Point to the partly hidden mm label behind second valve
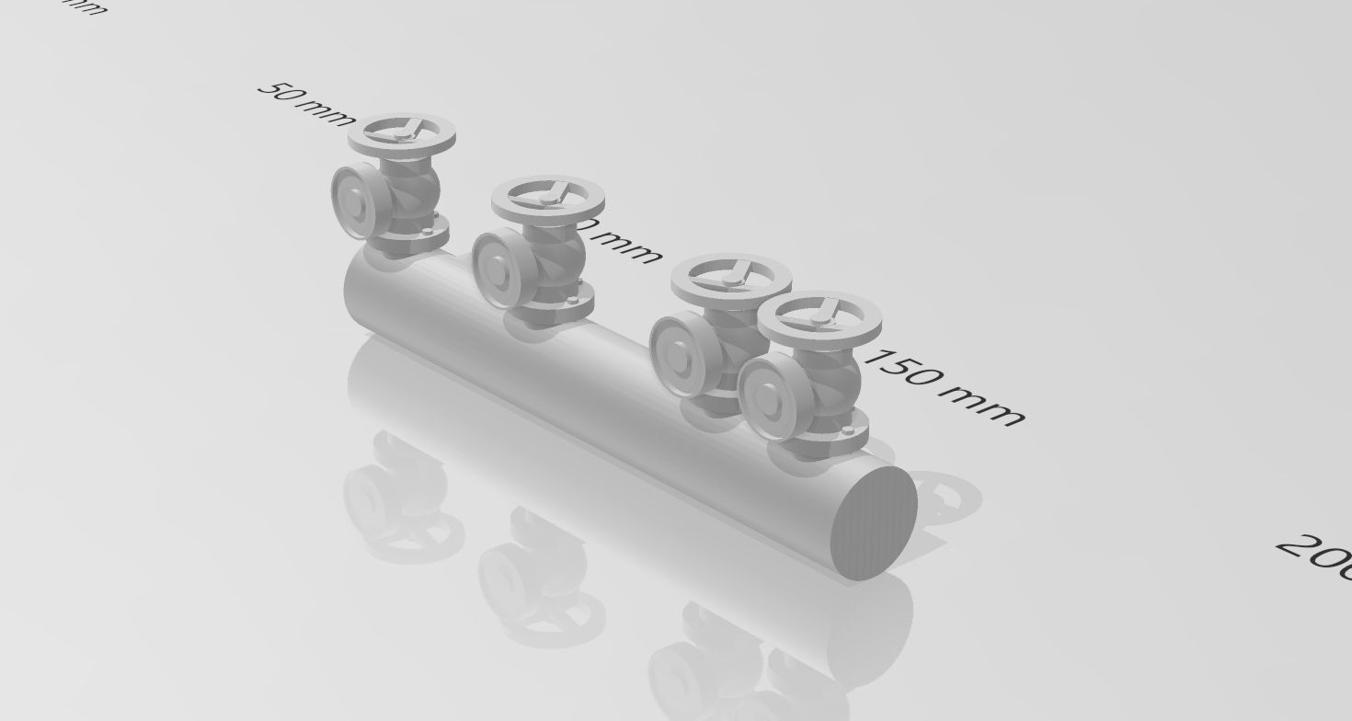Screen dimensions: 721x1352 (625, 244)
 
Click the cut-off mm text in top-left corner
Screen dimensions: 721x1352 (85, 6)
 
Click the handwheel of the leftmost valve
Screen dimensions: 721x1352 (403, 134)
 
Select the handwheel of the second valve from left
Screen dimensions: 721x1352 (548, 199)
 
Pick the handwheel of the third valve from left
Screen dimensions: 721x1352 (730, 277)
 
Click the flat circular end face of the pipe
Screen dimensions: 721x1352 (874, 522)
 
